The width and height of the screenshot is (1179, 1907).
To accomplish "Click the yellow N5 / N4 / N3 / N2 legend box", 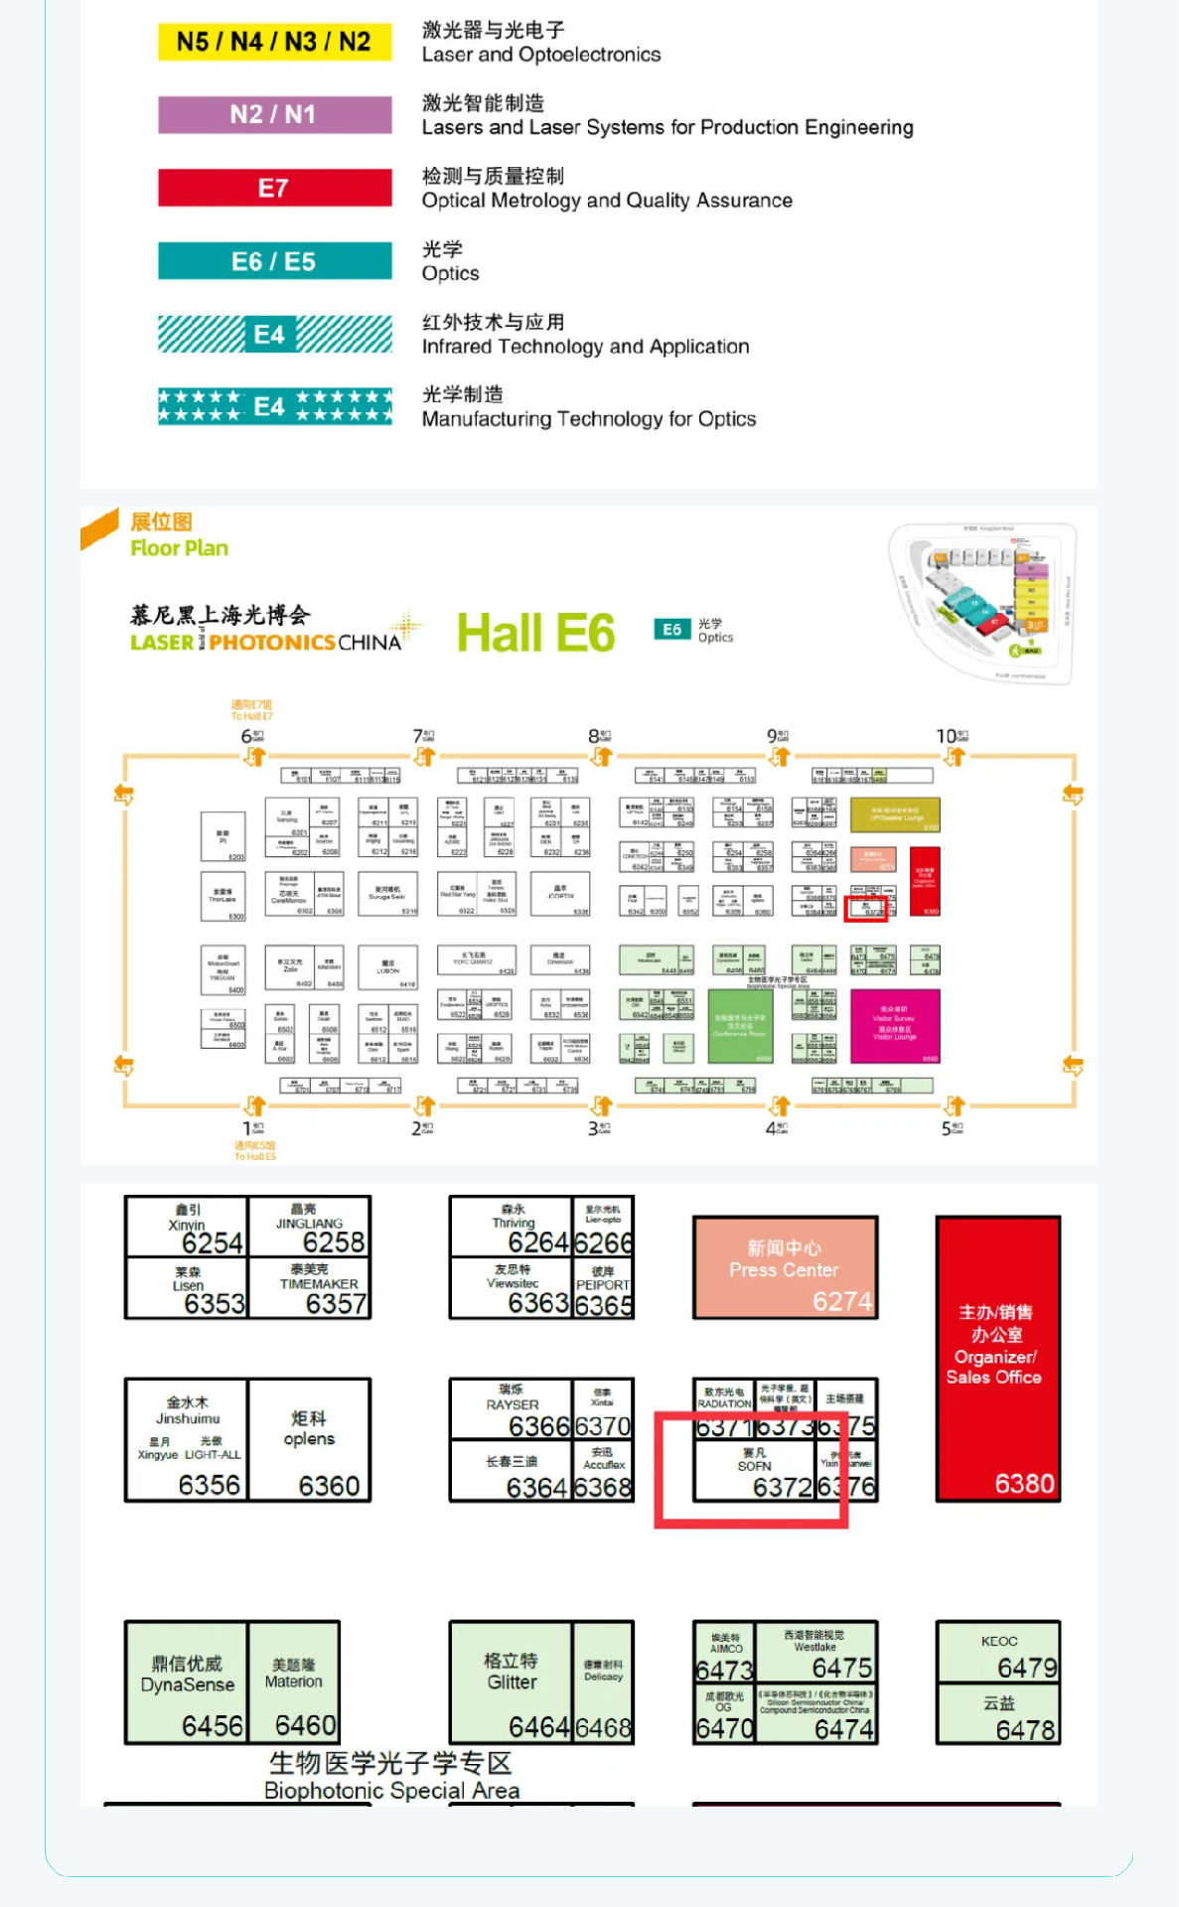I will coord(274,42).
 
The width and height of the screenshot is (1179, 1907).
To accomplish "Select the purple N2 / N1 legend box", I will coord(274,114).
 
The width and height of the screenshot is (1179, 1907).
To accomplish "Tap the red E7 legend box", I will coord(274,188).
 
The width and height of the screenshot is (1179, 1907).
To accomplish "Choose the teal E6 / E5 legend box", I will coord(274,261).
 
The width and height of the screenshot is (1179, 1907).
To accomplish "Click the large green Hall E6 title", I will coord(535,634).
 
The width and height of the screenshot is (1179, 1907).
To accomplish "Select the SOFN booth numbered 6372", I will coord(754,1468).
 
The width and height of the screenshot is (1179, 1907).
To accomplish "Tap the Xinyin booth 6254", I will coord(187,1228).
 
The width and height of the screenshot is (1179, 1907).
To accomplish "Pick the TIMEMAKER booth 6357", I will coord(310,1289).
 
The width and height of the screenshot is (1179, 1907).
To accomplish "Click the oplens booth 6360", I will coord(309,1439).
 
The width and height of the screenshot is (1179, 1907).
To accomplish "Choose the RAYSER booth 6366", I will coord(512,1409).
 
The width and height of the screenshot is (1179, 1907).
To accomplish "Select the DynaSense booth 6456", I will coord(187,1683).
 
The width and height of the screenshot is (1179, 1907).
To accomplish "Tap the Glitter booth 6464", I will coord(512,1683).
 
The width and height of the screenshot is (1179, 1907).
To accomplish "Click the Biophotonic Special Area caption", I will coord(391,1777).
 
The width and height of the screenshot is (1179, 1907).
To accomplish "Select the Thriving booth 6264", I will coord(512,1228).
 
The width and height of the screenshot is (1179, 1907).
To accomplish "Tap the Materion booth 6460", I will coord(294,1683).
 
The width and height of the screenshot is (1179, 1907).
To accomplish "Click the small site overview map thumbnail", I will coord(980,603).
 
